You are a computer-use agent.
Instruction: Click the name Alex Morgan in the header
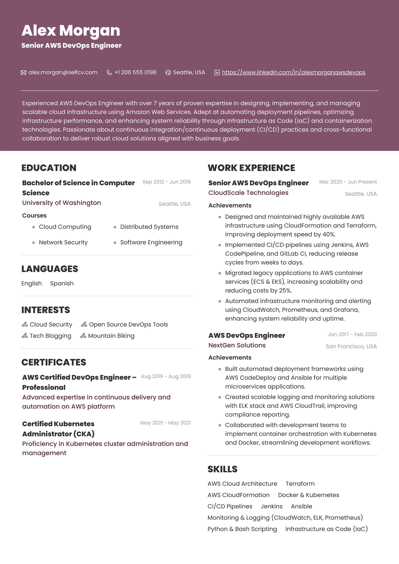[71, 30]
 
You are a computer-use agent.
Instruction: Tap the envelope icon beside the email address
[23, 72]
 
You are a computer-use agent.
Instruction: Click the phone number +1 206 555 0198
[135, 72]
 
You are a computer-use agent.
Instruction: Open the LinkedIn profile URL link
[293, 72]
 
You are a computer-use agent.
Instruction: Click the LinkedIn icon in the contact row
[217, 72]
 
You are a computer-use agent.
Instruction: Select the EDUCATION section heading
[49, 168]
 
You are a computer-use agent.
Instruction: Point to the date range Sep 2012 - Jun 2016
[166, 182]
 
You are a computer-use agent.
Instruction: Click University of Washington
[61, 203]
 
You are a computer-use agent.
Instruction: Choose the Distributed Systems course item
[149, 227]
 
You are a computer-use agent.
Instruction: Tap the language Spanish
[62, 283]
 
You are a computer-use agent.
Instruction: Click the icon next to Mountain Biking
[83, 336]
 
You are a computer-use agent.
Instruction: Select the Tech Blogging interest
[50, 336]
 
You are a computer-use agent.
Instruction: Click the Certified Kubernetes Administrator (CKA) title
[58, 429]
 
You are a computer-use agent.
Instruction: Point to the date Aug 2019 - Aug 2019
[166, 376]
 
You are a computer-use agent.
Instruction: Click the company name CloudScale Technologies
[248, 193]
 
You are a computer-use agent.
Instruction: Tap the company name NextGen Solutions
[237, 345]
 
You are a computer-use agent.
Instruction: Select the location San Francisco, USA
[351, 346]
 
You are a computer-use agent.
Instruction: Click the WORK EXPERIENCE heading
[251, 168]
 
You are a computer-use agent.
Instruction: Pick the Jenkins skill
[272, 506]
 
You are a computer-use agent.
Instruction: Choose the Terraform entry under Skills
[300, 484]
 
